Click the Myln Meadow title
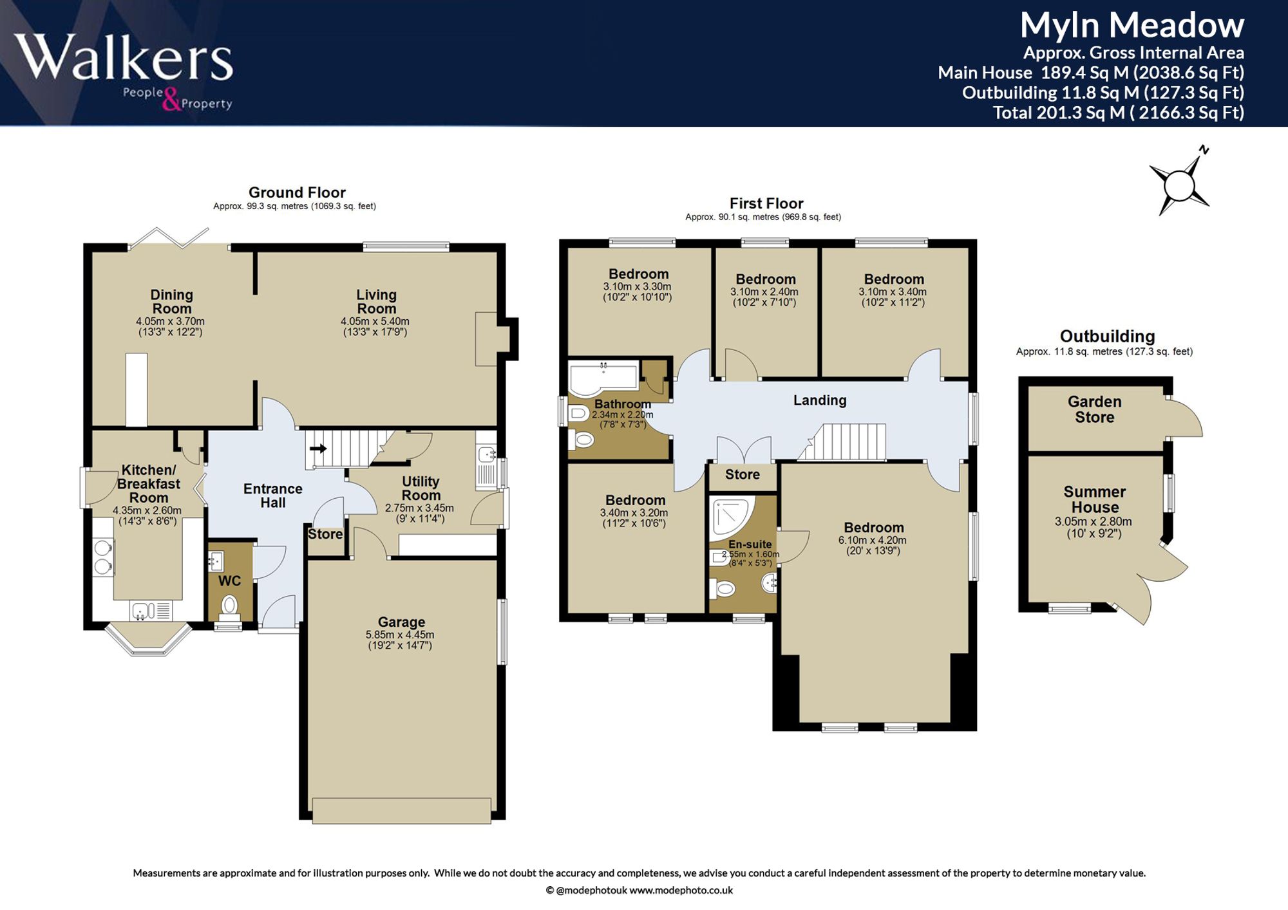pyautogui.click(x=1132, y=26)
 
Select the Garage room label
pyautogui.click(x=401, y=622)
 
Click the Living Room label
pyautogui.click(x=377, y=302)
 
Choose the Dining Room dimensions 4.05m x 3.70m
pyautogui.click(x=170, y=322)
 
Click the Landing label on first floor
pyautogui.click(x=820, y=400)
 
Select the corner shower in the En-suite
pyautogui.click(x=732, y=518)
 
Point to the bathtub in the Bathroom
pyautogui.click(x=603, y=377)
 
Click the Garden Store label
pyautogui.click(x=1095, y=409)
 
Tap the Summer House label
pyautogui.click(x=1095, y=499)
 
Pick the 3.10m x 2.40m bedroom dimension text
pyautogui.click(x=764, y=292)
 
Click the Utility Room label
pyautogui.click(x=421, y=488)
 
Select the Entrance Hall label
pyautogui.click(x=273, y=496)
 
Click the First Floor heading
pyautogui.click(x=766, y=203)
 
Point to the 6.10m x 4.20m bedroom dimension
pyautogui.click(x=873, y=541)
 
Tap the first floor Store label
pyautogui.click(x=743, y=475)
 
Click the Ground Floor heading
pyautogui.click(x=297, y=192)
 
